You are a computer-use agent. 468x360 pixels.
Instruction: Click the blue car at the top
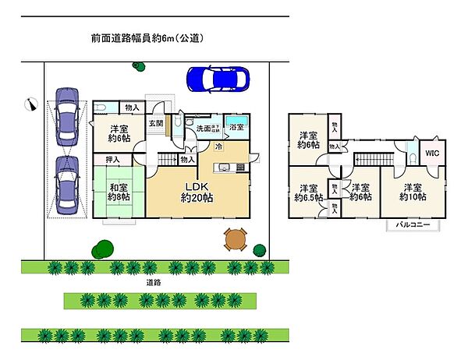click(x=218, y=79)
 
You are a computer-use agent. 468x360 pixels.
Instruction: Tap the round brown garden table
click(x=234, y=239)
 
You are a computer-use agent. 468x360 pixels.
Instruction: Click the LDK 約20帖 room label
click(x=197, y=192)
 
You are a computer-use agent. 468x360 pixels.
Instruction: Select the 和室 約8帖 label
click(x=119, y=191)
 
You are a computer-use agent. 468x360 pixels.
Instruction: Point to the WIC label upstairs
click(x=431, y=154)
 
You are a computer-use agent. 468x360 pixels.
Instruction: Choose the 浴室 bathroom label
click(x=236, y=126)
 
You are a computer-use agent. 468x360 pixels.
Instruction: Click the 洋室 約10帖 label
click(x=413, y=192)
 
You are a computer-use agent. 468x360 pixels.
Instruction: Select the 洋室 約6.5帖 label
click(x=307, y=192)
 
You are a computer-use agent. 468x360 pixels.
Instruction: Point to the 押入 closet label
click(x=112, y=160)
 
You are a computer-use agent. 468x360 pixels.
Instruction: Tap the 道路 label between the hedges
click(x=153, y=283)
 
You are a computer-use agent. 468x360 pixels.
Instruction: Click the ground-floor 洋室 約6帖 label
click(x=119, y=133)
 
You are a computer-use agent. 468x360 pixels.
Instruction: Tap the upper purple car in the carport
click(x=66, y=116)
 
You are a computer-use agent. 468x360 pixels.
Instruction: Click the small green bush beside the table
click(x=260, y=249)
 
